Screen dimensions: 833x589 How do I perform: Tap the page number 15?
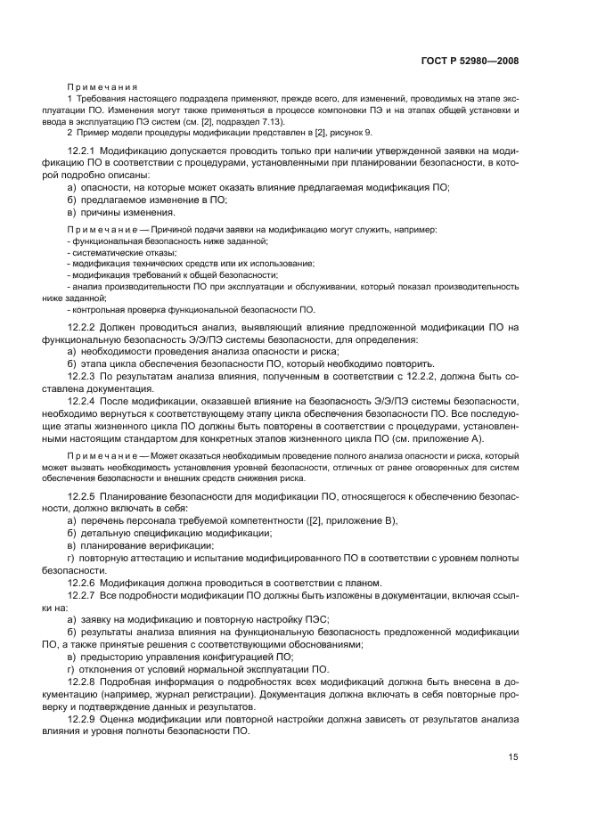[513, 757]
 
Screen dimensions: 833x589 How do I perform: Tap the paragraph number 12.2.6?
[86, 583]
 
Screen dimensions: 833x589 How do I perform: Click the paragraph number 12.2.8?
[86, 682]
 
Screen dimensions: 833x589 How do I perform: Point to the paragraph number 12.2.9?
[86, 718]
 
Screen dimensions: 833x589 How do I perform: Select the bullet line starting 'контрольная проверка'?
[192, 310]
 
